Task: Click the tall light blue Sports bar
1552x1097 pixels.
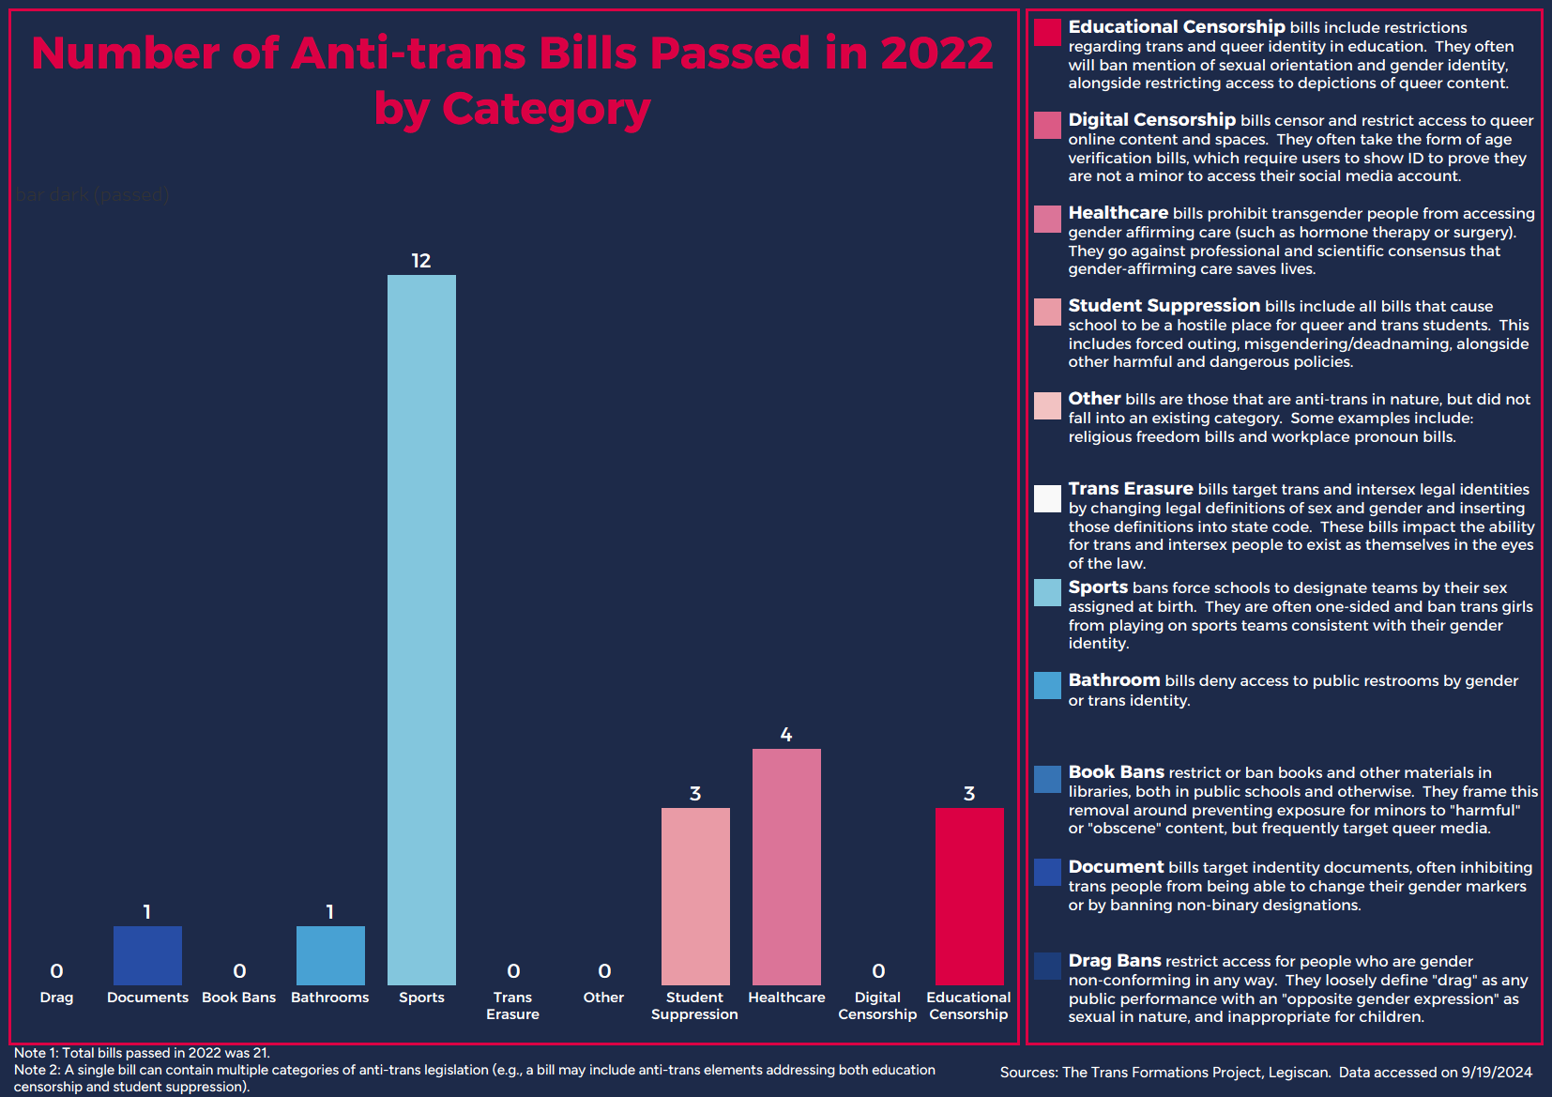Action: click(421, 629)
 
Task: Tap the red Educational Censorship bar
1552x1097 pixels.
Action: click(969, 896)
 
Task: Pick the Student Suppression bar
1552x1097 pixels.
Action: click(695, 896)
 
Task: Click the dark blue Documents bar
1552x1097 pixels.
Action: click(147, 955)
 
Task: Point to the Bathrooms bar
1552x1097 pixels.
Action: click(330, 955)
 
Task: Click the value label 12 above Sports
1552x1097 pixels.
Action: click(421, 261)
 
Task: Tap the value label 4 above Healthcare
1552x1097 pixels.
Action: click(786, 735)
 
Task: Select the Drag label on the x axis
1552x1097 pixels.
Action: click(56, 998)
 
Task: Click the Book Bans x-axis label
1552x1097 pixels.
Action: click(239, 998)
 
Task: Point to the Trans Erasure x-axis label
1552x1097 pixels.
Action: click(512, 1006)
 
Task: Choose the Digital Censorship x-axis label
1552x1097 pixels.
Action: click(877, 1006)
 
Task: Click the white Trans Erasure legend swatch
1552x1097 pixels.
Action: click(1047, 498)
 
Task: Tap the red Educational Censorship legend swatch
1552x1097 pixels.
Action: click(1047, 32)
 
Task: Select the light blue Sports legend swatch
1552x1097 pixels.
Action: click(1047, 592)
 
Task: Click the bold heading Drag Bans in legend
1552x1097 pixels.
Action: click(1115, 961)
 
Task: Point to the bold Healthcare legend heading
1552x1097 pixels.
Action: click(1118, 213)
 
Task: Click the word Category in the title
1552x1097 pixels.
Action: click(546, 109)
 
